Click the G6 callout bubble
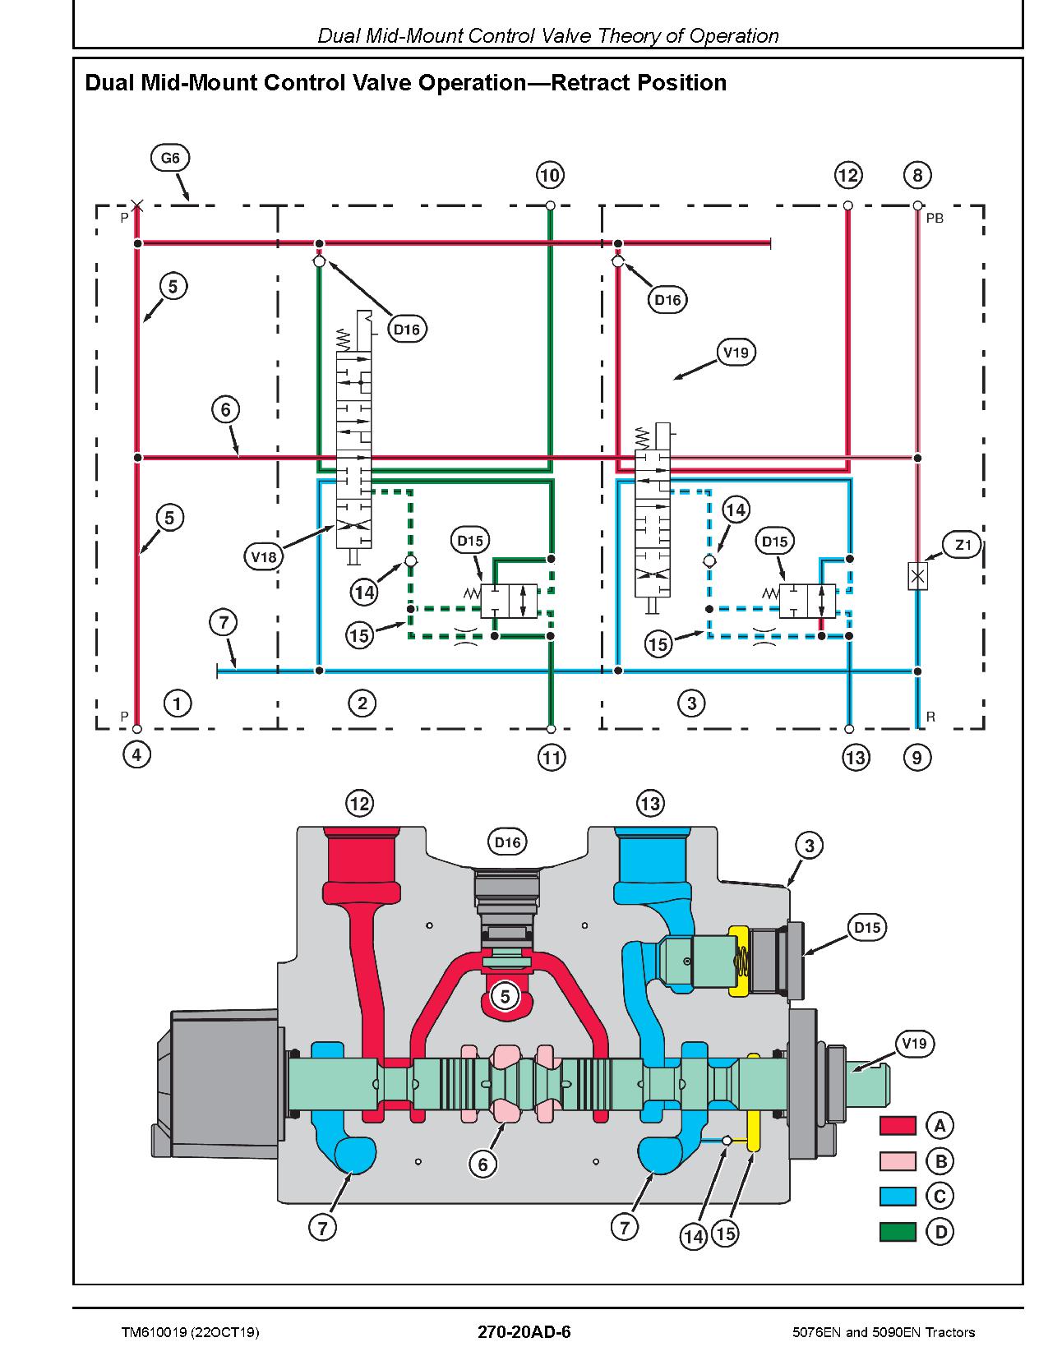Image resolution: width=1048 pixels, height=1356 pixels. tap(170, 158)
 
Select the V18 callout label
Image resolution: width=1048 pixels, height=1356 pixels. tap(263, 556)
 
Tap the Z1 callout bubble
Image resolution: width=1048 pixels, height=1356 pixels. tap(963, 545)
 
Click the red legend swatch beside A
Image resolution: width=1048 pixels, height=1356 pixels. tap(898, 1126)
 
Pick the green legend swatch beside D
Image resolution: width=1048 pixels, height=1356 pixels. tap(898, 1232)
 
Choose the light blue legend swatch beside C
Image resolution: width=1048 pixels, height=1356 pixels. tap(898, 1197)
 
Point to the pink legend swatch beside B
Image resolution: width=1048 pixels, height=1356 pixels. tap(898, 1161)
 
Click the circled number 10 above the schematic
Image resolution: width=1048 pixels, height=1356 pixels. tap(550, 175)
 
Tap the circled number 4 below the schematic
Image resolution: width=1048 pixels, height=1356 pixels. tap(136, 755)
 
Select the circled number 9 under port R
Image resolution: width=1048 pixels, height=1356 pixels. tap(917, 758)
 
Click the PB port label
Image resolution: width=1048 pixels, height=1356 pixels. tap(935, 219)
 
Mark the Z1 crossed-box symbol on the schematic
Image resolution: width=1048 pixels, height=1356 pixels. tap(917, 576)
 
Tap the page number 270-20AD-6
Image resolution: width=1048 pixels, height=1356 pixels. tap(524, 1331)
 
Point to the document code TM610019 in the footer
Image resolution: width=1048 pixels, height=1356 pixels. tap(155, 1332)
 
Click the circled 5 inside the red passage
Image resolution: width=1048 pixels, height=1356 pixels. tap(505, 995)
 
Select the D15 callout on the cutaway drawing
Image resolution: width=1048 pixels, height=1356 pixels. tap(867, 927)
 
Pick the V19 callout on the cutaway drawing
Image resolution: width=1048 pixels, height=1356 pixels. tap(914, 1044)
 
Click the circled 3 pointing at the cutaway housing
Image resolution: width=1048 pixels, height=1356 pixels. tap(809, 846)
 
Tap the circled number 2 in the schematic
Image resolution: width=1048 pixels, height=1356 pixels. tap(362, 703)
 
